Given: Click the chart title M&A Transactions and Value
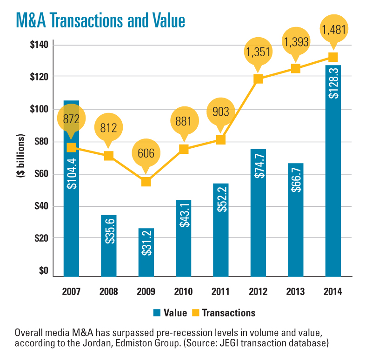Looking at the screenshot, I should click(x=100, y=20).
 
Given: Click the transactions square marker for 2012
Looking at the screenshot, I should click(x=258, y=79).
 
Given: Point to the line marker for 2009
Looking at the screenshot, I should click(x=146, y=182).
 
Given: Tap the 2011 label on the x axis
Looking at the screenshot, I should click(x=220, y=292).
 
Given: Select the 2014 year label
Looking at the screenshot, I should click(x=333, y=292).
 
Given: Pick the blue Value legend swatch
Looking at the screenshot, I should click(x=157, y=313).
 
